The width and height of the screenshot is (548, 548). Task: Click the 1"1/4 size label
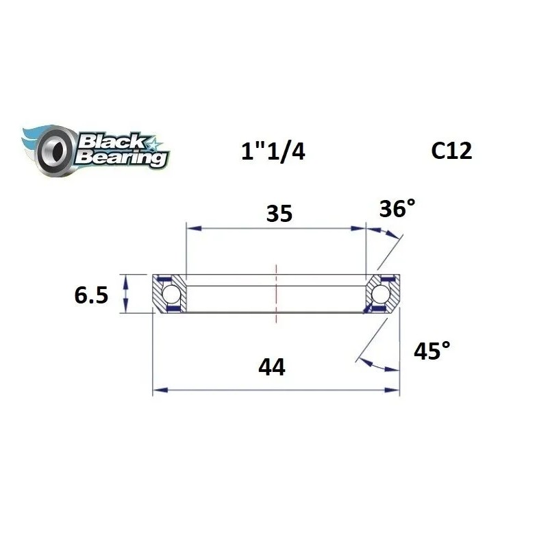(x=273, y=151)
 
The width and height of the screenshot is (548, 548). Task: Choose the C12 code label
(x=451, y=151)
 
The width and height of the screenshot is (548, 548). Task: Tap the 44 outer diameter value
(x=272, y=368)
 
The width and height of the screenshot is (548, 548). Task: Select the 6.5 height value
(x=92, y=296)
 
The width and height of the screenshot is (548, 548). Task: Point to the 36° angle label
(x=397, y=209)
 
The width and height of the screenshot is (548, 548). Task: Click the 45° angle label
(x=432, y=351)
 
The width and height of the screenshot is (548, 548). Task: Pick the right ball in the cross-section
(x=380, y=295)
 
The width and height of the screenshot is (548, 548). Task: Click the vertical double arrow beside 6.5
(x=125, y=293)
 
